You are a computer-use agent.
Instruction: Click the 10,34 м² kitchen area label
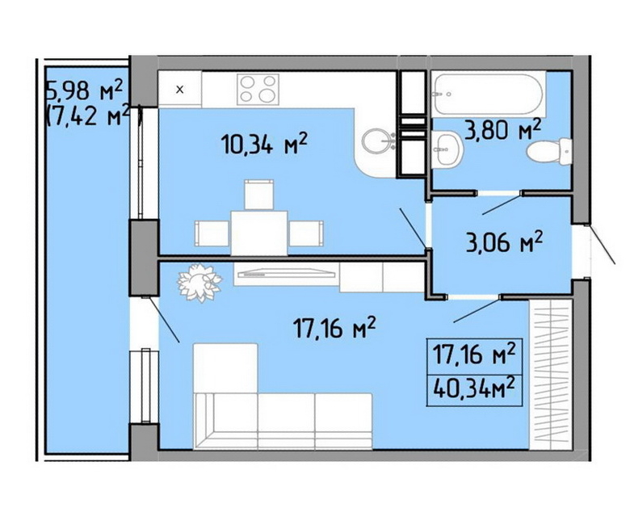(264, 144)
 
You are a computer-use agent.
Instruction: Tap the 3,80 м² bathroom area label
(503, 128)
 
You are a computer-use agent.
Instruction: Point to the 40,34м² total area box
(474, 388)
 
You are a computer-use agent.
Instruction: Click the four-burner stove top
(258, 89)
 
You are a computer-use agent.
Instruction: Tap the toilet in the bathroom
(549, 151)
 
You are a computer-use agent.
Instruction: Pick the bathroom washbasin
(447, 149)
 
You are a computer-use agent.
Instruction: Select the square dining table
(259, 233)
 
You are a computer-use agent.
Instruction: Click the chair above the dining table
(259, 195)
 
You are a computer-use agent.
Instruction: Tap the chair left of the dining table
(212, 233)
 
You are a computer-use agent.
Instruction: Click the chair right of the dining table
(306, 233)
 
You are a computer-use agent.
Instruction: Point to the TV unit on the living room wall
(287, 274)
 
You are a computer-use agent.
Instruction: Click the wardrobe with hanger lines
(551, 375)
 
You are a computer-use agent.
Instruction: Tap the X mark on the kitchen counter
(180, 90)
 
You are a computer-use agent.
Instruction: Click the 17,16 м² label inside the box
(474, 355)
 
